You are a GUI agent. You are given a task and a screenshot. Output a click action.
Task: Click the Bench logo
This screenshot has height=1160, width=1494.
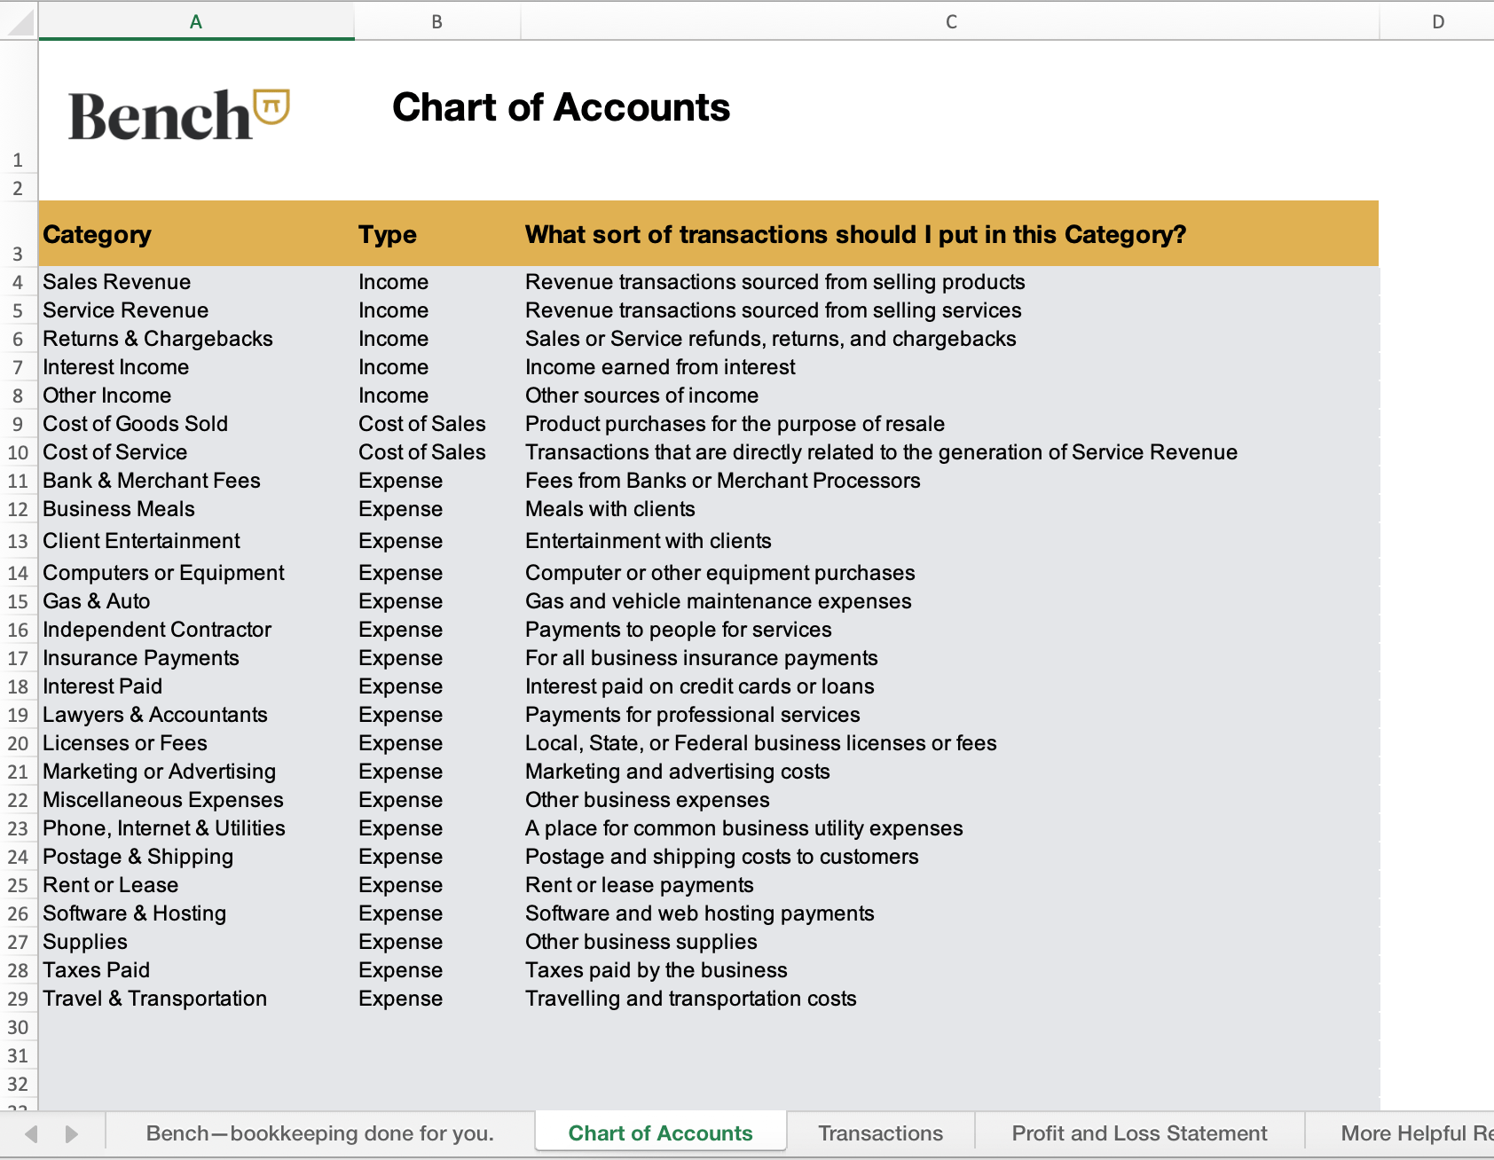click(178, 115)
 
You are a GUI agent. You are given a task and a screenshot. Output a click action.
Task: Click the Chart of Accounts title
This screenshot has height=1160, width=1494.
click(561, 107)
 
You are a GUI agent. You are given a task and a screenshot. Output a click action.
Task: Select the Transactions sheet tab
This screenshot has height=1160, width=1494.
click(880, 1133)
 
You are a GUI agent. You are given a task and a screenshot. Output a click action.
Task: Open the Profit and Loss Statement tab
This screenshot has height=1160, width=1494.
click(1139, 1133)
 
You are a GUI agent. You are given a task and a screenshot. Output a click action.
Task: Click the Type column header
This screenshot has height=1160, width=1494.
click(388, 234)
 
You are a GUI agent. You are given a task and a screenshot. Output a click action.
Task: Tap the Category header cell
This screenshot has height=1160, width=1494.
click(98, 234)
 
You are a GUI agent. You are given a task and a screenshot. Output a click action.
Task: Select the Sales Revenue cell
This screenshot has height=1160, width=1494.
click(117, 282)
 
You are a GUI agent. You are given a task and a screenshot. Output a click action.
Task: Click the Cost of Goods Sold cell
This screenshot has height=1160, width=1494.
click(136, 424)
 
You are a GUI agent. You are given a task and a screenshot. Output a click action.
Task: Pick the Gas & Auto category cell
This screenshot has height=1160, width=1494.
click(97, 601)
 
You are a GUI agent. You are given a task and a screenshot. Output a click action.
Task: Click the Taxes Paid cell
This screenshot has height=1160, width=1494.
click(97, 970)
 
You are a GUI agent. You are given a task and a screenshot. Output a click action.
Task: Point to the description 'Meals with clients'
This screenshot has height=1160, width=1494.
click(610, 509)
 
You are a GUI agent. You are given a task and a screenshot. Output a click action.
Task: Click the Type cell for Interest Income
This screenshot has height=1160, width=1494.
click(393, 367)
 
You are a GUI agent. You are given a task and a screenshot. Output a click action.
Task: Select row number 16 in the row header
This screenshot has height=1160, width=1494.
click(18, 630)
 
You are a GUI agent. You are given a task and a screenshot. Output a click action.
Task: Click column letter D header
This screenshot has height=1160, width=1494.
click(1437, 21)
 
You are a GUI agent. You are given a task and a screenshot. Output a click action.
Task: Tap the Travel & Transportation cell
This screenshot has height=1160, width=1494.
click(155, 999)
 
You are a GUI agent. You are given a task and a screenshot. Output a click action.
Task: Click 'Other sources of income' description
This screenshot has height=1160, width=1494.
click(641, 396)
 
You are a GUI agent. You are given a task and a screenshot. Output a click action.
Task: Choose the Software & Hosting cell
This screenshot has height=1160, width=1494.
click(135, 913)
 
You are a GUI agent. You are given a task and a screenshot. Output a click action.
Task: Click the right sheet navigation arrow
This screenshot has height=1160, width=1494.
click(72, 1133)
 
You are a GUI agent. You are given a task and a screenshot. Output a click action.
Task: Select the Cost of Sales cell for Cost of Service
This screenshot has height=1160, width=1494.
click(422, 452)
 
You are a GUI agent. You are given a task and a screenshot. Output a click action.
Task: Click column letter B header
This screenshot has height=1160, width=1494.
click(436, 21)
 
